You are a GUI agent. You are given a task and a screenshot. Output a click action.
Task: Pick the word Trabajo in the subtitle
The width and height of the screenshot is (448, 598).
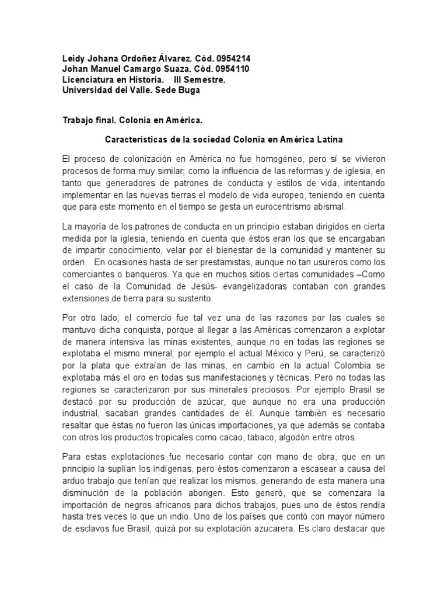pyautogui.click(x=78, y=120)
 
